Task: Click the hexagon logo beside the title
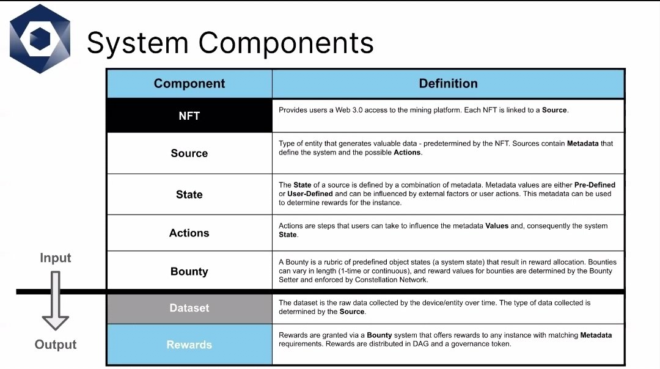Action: [x=40, y=38]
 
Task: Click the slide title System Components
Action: [x=230, y=43]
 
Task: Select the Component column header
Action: [x=189, y=84]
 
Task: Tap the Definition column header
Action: [x=448, y=84]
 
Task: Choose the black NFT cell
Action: [x=189, y=115]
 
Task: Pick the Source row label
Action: [x=189, y=153]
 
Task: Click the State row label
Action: [x=189, y=194]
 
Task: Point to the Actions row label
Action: [x=189, y=233]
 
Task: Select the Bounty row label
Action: [x=189, y=271]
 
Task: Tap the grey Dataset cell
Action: [x=189, y=308]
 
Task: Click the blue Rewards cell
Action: [x=189, y=345]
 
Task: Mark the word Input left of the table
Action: [x=56, y=258]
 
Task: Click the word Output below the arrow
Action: [x=56, y=345]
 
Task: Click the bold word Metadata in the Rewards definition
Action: [x=595, y=335]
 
